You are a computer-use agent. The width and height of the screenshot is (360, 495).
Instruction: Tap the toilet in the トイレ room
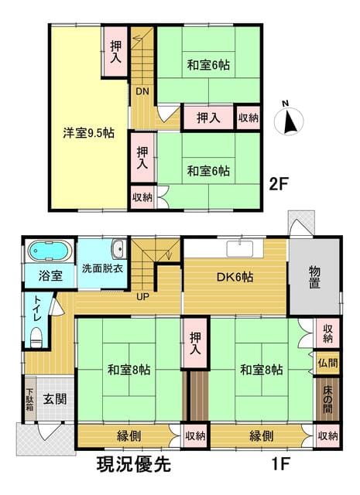tap(36, 337)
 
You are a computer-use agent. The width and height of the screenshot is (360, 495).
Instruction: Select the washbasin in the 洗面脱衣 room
tap(119, 249)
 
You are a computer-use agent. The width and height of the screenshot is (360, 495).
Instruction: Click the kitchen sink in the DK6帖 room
tap(240, 248)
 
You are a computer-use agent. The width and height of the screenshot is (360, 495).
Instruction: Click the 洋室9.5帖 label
tap(89, 133)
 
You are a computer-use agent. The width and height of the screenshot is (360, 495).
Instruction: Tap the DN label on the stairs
tap(142, 91)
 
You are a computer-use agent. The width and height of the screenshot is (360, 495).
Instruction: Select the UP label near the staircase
tap(142, 296)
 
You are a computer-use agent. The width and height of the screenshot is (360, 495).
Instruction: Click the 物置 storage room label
tap(315, 277)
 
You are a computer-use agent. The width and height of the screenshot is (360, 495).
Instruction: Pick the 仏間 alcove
tap(327, 363)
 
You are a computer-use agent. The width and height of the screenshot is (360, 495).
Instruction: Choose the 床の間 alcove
tap(327, 399)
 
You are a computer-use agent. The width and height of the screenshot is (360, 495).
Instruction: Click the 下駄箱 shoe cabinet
tap(30, 398)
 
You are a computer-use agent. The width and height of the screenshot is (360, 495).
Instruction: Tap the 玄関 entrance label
tap(55, 399)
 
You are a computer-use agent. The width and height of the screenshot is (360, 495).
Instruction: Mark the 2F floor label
tap(279, 184)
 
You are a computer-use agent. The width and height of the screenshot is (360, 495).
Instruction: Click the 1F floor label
tap(281, 464)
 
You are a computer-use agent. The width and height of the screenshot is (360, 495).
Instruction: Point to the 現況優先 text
tap(133, 464)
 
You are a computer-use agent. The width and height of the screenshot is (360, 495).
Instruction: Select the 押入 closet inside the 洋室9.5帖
tap(115, 52)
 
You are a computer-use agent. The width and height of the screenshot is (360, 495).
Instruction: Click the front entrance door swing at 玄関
tap(46, 431)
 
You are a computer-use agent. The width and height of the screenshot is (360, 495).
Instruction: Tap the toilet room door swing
tap(57, 306)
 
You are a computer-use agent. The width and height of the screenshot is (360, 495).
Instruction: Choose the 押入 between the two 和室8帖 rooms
tap(195, 343)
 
